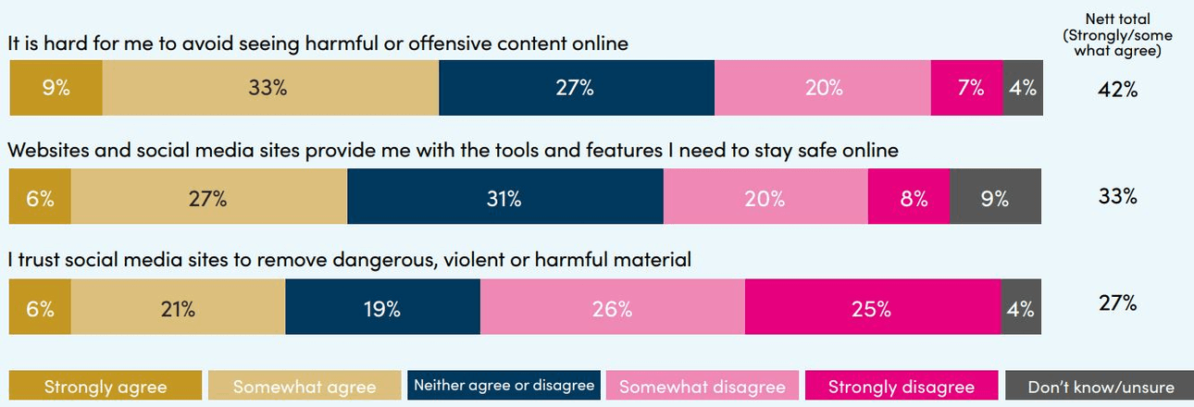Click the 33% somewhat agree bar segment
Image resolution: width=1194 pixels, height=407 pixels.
click(269, 89)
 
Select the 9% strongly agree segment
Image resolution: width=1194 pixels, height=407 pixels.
click(56, 89)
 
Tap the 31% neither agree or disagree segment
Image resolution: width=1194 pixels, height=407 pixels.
click(505, 198)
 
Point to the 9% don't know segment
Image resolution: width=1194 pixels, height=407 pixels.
click(995, 198)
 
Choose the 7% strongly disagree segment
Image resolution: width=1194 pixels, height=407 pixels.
click(966, 89)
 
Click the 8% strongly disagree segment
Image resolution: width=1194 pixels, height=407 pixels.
click(908, 198)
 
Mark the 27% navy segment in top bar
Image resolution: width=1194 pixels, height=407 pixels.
click(576, 89)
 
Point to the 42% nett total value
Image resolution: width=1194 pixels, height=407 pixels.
click(1118, 90)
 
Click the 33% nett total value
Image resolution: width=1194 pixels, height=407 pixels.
click(1118, 197)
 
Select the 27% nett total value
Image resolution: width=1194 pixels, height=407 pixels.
click(1118, 302)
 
